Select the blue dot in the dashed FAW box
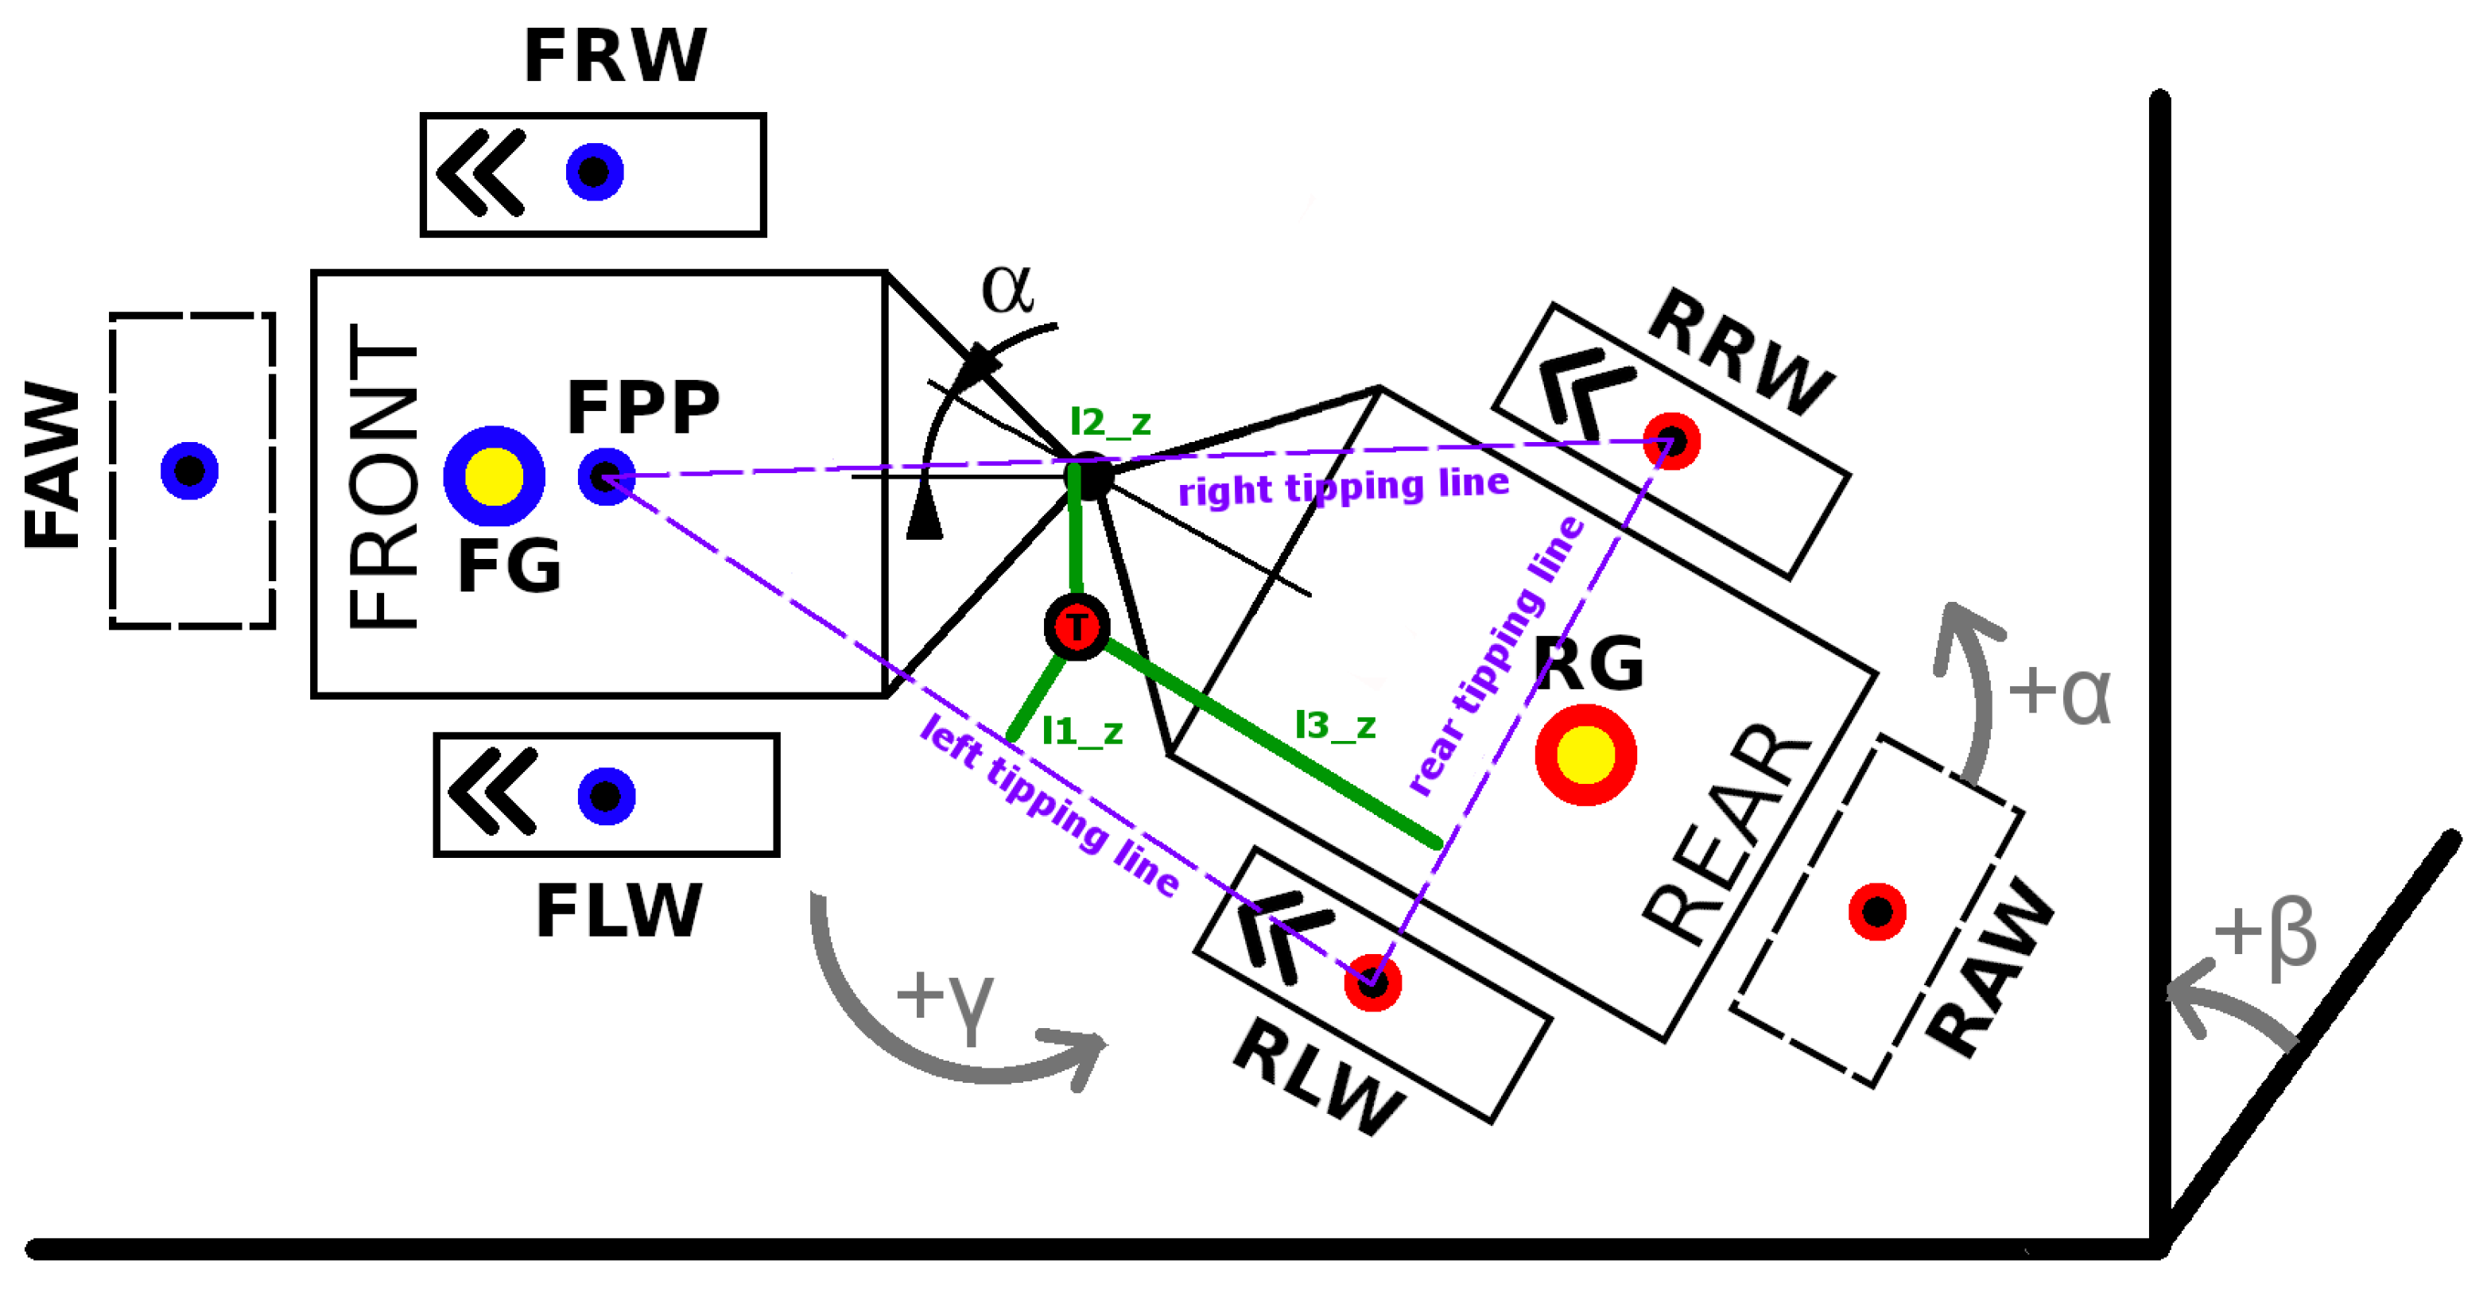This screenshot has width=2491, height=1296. (x=189, y=471)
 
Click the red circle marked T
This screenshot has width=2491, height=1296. (x=1077, y=627)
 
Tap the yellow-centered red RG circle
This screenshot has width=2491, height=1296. (x=1586, y=755)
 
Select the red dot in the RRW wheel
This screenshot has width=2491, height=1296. (x=1671, y=441)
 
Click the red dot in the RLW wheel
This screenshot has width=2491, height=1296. (x=1372, y=983)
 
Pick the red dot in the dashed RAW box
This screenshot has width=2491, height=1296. (x=1877, y=911)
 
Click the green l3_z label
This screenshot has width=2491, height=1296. (x=1334, y=725)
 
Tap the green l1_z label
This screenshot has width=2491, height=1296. (x=1082, y=731)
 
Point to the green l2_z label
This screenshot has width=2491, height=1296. (x=1110, y=423)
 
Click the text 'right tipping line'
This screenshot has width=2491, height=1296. (x=1343, y=487)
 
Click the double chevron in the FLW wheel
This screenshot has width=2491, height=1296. (x=492, y=791)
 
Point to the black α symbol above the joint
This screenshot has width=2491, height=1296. (x=1007, y=289)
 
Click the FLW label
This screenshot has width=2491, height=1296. (x=619, y=910)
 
